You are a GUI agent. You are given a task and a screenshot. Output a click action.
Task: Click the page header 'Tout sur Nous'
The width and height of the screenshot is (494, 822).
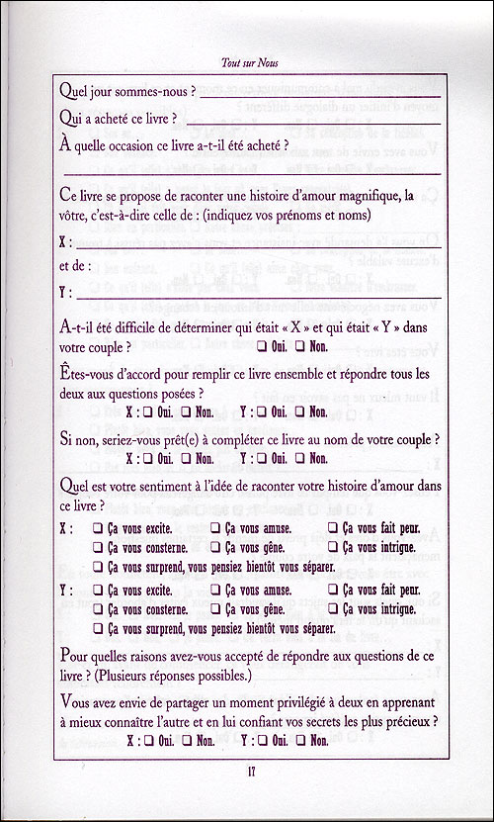click(x=246, y=59)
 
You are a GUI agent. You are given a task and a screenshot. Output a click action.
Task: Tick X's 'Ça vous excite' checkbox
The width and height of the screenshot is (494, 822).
click(x=98, y=529)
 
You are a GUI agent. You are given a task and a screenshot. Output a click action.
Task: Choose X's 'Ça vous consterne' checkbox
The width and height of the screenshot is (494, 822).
click(x=98, y=548)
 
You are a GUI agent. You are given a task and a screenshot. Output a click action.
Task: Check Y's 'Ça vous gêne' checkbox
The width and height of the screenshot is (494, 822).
click(x=215, y=609)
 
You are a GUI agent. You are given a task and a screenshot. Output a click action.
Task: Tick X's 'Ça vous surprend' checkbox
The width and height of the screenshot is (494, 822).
click(x=98, y=567)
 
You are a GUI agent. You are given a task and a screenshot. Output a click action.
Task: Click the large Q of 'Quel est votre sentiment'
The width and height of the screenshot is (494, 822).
click(x=67, y=486)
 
